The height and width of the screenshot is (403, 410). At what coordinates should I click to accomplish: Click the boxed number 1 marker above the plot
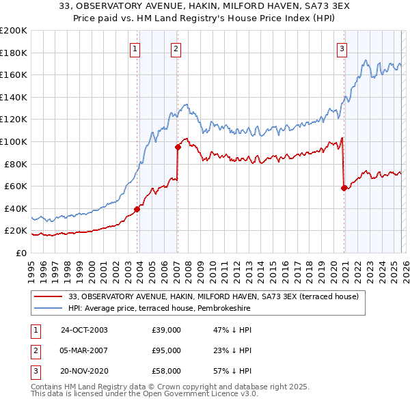tap(135, 48)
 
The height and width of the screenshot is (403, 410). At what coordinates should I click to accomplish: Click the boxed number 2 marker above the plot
tap(176, 48)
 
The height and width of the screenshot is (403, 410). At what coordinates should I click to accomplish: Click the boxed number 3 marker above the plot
tap(342, 48)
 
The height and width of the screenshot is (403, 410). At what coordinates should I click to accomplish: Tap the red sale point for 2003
tap(137, 209)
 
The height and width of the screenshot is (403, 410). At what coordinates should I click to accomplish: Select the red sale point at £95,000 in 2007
tap(178, 147)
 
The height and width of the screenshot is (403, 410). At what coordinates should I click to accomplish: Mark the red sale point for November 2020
tap(344, 188)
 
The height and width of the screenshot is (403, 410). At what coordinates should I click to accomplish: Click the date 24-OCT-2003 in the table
tap(84, 330)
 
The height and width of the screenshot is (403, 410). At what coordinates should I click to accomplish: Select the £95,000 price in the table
tap(166, 350)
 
